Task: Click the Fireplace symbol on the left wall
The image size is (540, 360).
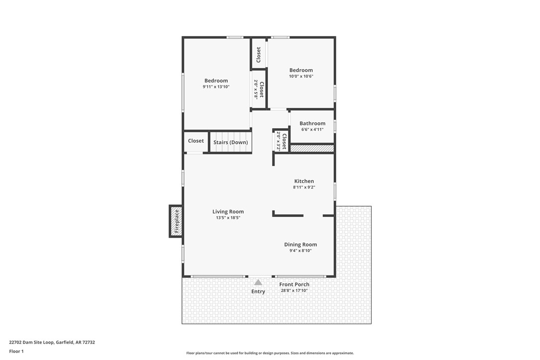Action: [x=176, y=221]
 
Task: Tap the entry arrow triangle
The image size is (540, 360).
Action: [x=258, y=282]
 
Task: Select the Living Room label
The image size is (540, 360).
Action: [x=228, y=211]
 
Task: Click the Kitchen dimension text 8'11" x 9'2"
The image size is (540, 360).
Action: [x=304, y=187]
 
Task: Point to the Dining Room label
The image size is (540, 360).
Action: [x=300, y=244]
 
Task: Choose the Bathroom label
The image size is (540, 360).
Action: [x=312, y=123]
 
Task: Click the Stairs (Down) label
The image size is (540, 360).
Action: [x=230, y=142]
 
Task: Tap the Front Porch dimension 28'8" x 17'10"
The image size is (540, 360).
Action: [x=294, y=290]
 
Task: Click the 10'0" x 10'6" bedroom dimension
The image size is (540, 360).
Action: [x=301, y=77]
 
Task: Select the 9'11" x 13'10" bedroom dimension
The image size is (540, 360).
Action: [x=216, y=87]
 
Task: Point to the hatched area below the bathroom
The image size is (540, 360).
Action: [x=312, y=148]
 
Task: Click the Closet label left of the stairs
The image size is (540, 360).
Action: [x=196, y=141]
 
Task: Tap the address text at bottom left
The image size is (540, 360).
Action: [x=52, y=342]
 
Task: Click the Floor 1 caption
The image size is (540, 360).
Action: [x=16, y=351]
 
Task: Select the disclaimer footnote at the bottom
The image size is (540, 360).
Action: [x=270, y=353]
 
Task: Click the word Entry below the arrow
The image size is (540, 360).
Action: [x=258, y=291]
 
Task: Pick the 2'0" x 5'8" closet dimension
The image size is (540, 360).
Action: [x=256, y=89]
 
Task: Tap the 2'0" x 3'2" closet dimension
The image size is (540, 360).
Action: [x=278, y=141]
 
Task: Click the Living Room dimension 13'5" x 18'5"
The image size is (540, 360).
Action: [x=228, y=218]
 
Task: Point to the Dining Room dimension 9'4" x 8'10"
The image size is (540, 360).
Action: [x=300, y=251]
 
